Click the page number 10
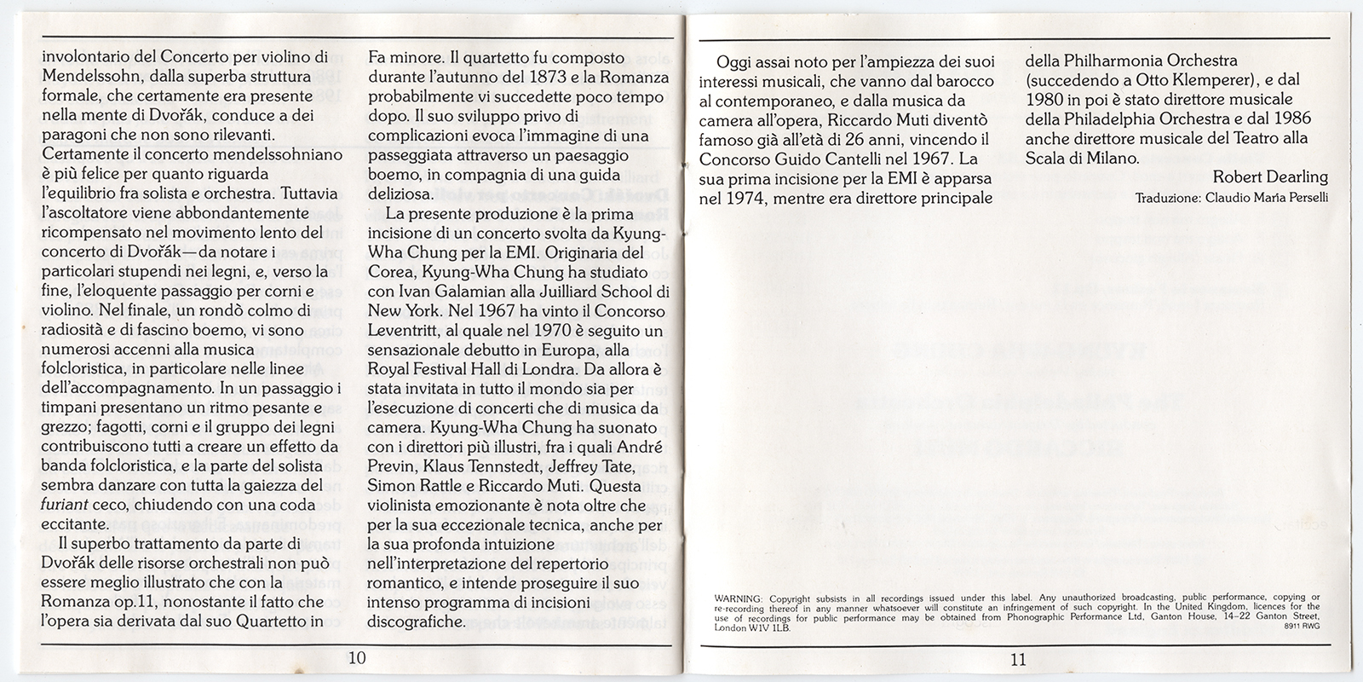tap(357, 657)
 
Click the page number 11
tap(1018, 658)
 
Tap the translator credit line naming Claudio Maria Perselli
tap(1231, 198)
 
